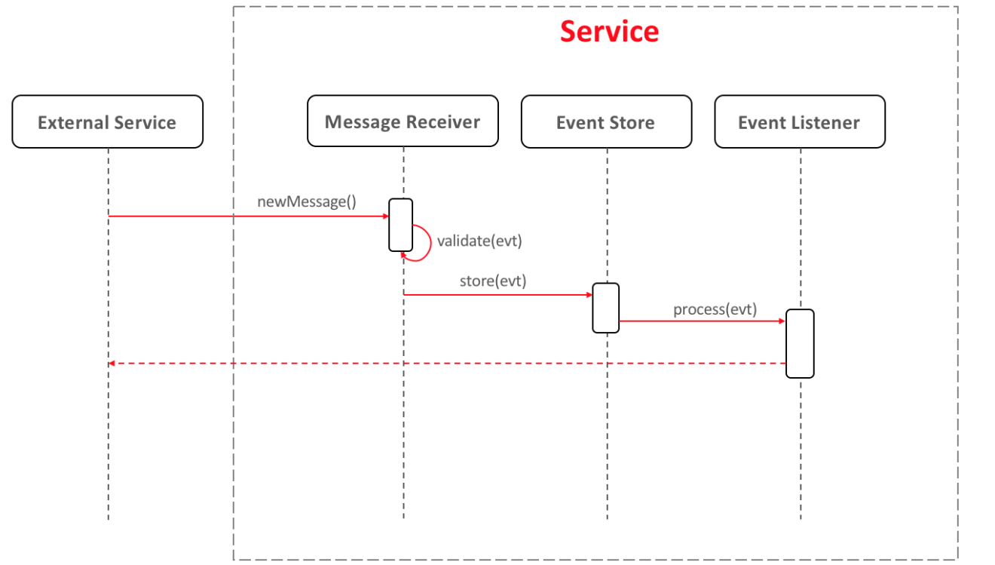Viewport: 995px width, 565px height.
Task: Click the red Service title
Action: coord(609,32)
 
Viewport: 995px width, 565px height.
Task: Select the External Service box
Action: coord(107,121)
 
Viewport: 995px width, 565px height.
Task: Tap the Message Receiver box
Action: coord(403,121)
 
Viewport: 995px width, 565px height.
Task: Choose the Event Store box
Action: coord(606,121)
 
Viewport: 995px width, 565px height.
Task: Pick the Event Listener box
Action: coord(800,121)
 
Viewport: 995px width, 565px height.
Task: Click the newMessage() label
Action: coord(307,201)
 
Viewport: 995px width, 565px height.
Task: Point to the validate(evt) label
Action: coord(479,241)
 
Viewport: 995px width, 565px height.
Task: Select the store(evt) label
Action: coord(493,281)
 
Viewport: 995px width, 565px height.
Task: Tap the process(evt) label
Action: coord(715,309)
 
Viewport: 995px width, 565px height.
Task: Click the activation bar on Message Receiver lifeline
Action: coord(400,225)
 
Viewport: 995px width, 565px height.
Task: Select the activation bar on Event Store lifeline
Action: coord(605,308)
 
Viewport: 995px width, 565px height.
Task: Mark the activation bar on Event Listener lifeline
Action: coord(800,343)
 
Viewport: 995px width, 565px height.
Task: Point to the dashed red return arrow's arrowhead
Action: coord(112,364)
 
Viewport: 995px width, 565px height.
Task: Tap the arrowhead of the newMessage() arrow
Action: coord(385,216)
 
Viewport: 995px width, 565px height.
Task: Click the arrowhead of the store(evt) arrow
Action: coord(589,295)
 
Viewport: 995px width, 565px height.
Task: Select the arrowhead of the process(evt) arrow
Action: coord(782,321)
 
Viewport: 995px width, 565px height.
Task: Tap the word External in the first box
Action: coord(72,122)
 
